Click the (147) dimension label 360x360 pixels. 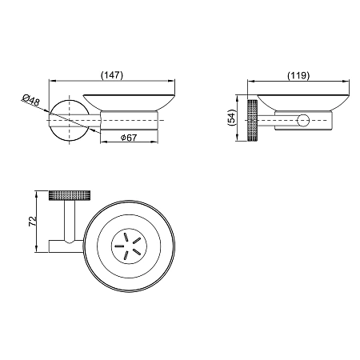point(112,75)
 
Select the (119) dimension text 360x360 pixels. point(298,76)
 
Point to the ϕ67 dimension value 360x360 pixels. point(129,138)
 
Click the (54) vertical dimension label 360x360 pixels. point(231,118)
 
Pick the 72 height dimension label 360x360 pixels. point(32,222)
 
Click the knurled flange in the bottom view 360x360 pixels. point(70,195)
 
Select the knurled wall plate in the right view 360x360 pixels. point(253,121)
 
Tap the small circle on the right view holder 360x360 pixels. point(303,121)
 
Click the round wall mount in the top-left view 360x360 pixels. point(70,120)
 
